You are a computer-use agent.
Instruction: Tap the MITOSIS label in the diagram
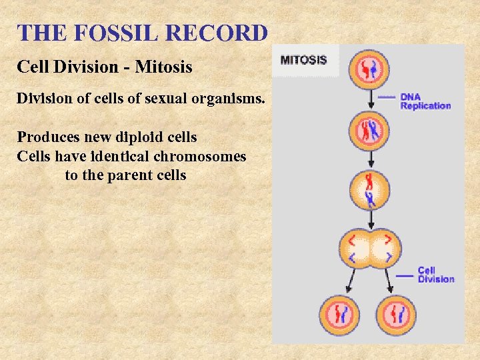click(303, 60)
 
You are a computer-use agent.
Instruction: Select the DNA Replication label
click(425, 101)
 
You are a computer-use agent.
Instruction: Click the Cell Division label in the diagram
click(435, 275)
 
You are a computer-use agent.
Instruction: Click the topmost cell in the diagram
click(369, 69)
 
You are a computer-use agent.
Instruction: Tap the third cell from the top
click(369, 190)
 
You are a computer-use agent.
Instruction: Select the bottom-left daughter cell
click(339, 315)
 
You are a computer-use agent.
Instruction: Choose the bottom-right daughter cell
click(397, 315)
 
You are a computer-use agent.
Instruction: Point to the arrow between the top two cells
click(369, 100)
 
